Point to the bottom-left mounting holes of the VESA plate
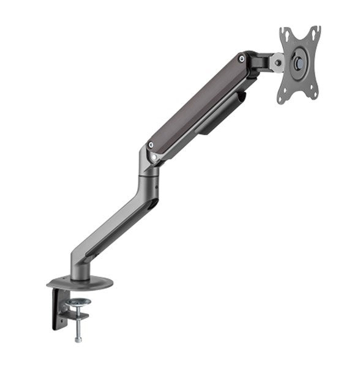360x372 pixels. [282, 96]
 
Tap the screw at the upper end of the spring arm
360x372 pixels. [243, 59]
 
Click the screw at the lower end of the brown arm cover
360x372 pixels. [151, 146]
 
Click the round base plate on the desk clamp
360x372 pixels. [80, 283]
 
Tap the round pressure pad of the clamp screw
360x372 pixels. [78, 302]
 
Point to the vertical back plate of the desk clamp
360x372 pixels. [59, 309]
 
